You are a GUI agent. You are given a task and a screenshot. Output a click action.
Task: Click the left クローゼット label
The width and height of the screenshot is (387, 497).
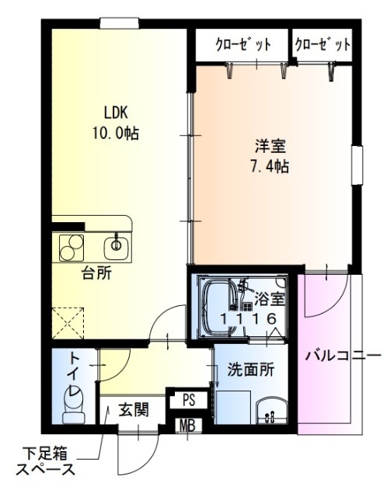242,44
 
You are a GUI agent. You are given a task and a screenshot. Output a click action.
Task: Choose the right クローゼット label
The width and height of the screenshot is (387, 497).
322,44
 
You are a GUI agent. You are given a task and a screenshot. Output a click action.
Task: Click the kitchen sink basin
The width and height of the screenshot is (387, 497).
116,247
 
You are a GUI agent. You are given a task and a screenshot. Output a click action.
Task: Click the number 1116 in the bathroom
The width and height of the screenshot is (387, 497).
248,318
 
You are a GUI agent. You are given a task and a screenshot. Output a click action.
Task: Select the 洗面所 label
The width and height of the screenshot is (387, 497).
249,370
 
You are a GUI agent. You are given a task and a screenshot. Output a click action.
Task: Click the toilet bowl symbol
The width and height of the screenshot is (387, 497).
73,405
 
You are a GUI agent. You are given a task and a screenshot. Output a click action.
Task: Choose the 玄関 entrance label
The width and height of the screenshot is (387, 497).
134,409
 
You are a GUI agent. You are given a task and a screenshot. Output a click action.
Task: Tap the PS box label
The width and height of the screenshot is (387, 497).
187,400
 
